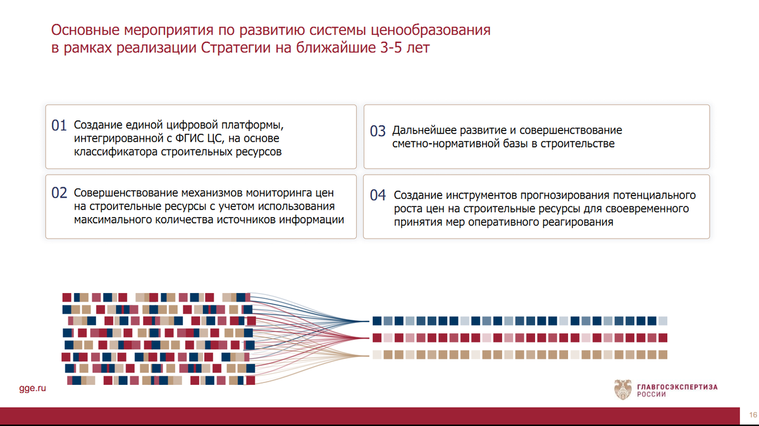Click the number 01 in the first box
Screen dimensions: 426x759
[x=59, y=126]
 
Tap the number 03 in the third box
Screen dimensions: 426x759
[x=378, y=132]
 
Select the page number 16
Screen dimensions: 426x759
[x=753, y=415]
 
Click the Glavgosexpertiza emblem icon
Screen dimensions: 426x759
[x=622, y=389]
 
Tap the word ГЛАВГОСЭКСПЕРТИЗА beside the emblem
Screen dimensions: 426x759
[x=672, y=385]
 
